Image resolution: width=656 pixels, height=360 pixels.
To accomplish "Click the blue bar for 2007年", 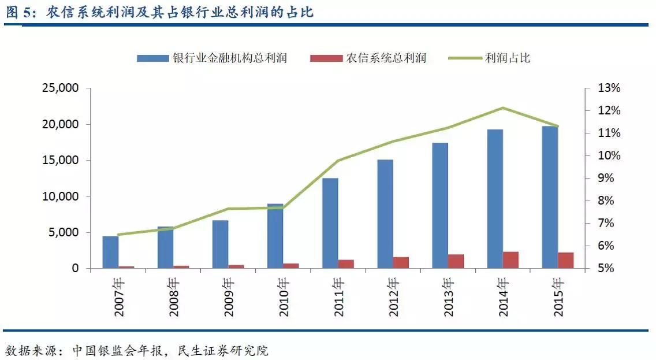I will (110, 252).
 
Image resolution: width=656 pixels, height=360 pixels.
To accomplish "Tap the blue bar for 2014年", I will (495, 199).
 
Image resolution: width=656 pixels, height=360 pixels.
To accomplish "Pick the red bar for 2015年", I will (566, 261).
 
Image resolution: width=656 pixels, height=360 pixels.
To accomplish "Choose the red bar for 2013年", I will (456, 261).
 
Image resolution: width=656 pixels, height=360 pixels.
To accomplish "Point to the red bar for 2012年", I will (401, 263).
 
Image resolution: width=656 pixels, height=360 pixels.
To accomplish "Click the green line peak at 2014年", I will (503, 108).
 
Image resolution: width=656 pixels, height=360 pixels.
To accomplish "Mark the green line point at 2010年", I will (283, 207).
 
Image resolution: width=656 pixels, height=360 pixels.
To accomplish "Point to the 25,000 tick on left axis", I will (61, 88).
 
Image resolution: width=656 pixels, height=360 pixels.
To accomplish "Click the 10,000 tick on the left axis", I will (61, 196).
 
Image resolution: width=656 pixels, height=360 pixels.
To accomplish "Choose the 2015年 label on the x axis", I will (558, 297).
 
